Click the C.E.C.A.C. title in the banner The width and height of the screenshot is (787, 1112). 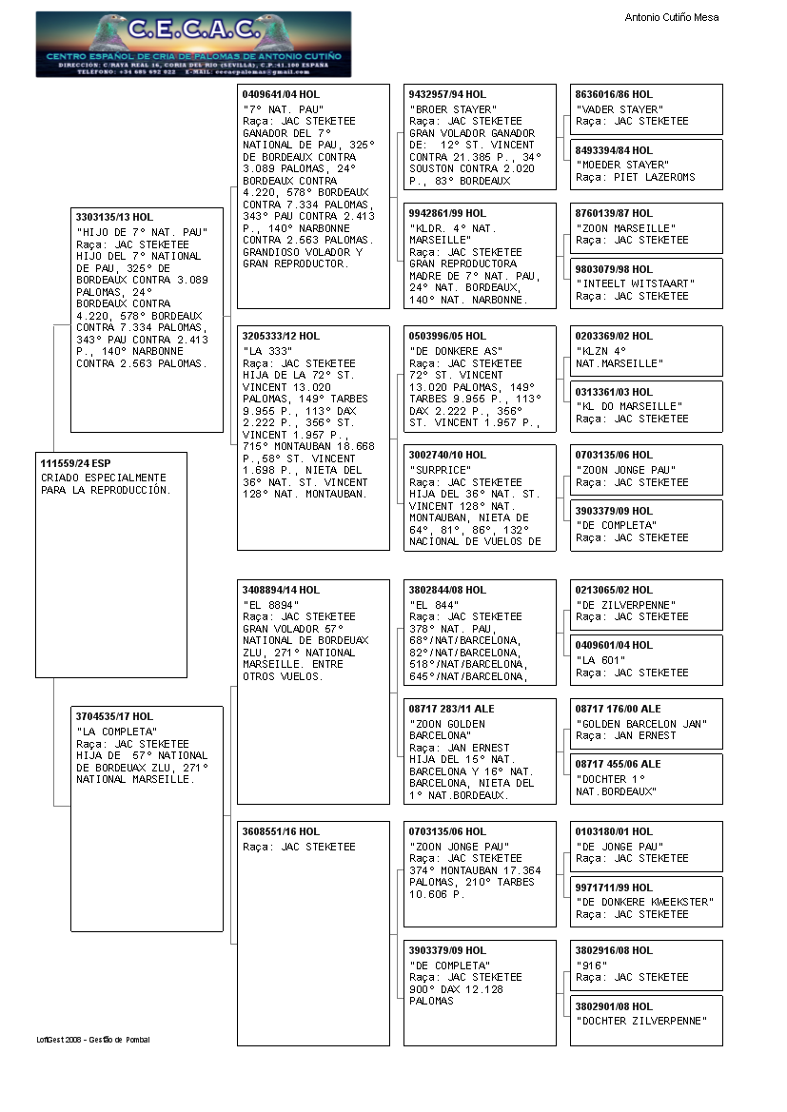[193, 29]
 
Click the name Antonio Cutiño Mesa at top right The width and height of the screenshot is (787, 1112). [672, 17]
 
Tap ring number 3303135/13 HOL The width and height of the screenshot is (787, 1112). [114, 218]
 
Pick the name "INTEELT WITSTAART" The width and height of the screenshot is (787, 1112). [635, 283]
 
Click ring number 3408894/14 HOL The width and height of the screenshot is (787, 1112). [281, 590]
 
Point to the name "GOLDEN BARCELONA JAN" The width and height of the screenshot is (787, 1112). [640, 724]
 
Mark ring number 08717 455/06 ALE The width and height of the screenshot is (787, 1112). [618, 764]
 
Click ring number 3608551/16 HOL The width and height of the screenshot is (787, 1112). [281, 831]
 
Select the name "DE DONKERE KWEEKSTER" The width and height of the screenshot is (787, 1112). [644, 902]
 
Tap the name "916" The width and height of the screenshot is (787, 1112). [591, 966]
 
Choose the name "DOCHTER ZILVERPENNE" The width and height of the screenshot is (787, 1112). [641, 1021]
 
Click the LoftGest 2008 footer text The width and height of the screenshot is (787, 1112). [93, 1040]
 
